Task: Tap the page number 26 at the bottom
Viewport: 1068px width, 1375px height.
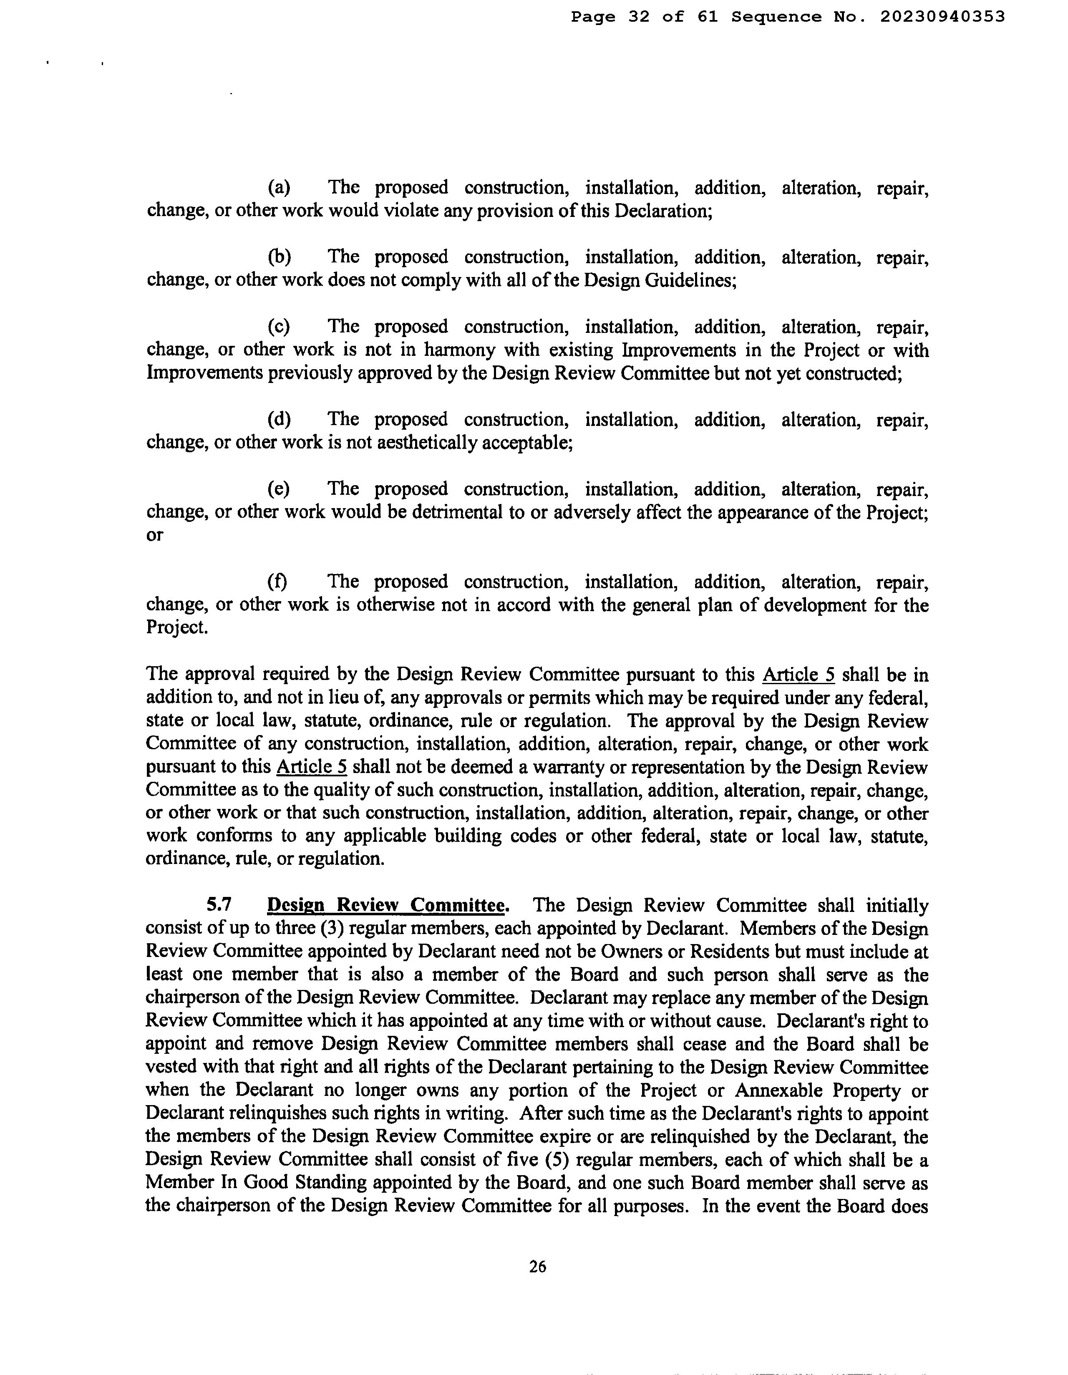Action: click(x=537, y=1266)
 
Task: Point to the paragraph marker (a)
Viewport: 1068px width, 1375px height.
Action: click(x=279, y=188)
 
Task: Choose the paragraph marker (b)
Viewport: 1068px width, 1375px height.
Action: click(x=279, y=257)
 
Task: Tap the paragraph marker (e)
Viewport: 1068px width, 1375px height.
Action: click(x=279, y=489)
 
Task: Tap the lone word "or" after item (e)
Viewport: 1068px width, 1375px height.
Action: click(x=154, y=536)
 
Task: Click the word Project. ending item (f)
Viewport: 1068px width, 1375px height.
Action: click(x=176, y=628)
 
